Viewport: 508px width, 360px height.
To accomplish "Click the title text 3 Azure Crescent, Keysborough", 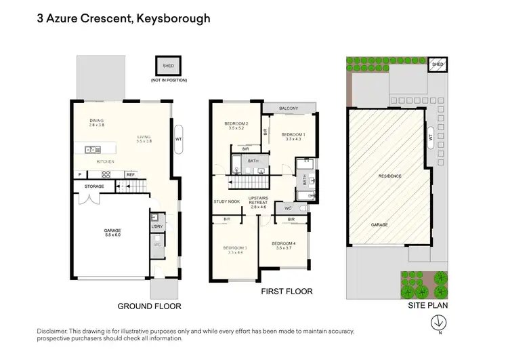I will [x=123, y=18].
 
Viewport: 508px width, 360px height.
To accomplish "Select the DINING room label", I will [x=97, y=121].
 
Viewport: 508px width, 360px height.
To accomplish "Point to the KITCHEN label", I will [x=105, y=162].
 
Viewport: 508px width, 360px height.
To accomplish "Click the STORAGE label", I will [x=94, y=186].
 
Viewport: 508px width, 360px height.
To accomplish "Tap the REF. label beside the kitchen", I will [x=131, y=175].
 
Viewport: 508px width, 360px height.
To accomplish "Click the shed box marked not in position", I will [x=168, y=66].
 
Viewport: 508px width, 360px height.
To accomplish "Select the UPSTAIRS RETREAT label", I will [x=259, y=201].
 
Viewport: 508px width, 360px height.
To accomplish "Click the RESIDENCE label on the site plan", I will [x=390, y=176].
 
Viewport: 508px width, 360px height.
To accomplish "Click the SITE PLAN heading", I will [x=428, y=306].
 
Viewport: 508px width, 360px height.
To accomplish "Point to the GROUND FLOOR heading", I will [x=149, y=306].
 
